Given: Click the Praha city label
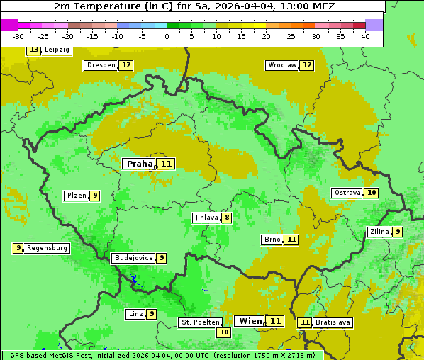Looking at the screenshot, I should (x=139, y=164).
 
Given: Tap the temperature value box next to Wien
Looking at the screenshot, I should (x=275, y=321).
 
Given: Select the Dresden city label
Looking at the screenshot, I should (x=101, y=65).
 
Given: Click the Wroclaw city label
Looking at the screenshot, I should (x=281, y=65).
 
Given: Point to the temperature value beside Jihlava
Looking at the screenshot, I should (x=227, y=218).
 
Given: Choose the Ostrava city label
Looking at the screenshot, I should (x=347, y=193).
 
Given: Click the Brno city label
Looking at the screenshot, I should (x=272, y=240).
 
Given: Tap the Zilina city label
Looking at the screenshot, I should (x=379, y=232).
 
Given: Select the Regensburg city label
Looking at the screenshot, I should (x=48, y=248).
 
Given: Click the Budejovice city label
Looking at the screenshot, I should (x=133, y=258).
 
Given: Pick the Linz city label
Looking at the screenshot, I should (x=135, y=314).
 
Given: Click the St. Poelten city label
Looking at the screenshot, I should (x=200, y=322).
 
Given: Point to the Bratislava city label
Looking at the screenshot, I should (x=333, y=322).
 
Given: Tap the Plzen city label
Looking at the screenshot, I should (x=76, y=196).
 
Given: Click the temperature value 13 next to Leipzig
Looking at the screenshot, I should (x=33, y=50).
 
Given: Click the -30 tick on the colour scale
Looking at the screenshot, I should (x=18, y=36).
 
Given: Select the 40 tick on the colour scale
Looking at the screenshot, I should (x=365, y=36).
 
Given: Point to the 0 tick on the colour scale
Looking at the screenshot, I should (x=167, y=36).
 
